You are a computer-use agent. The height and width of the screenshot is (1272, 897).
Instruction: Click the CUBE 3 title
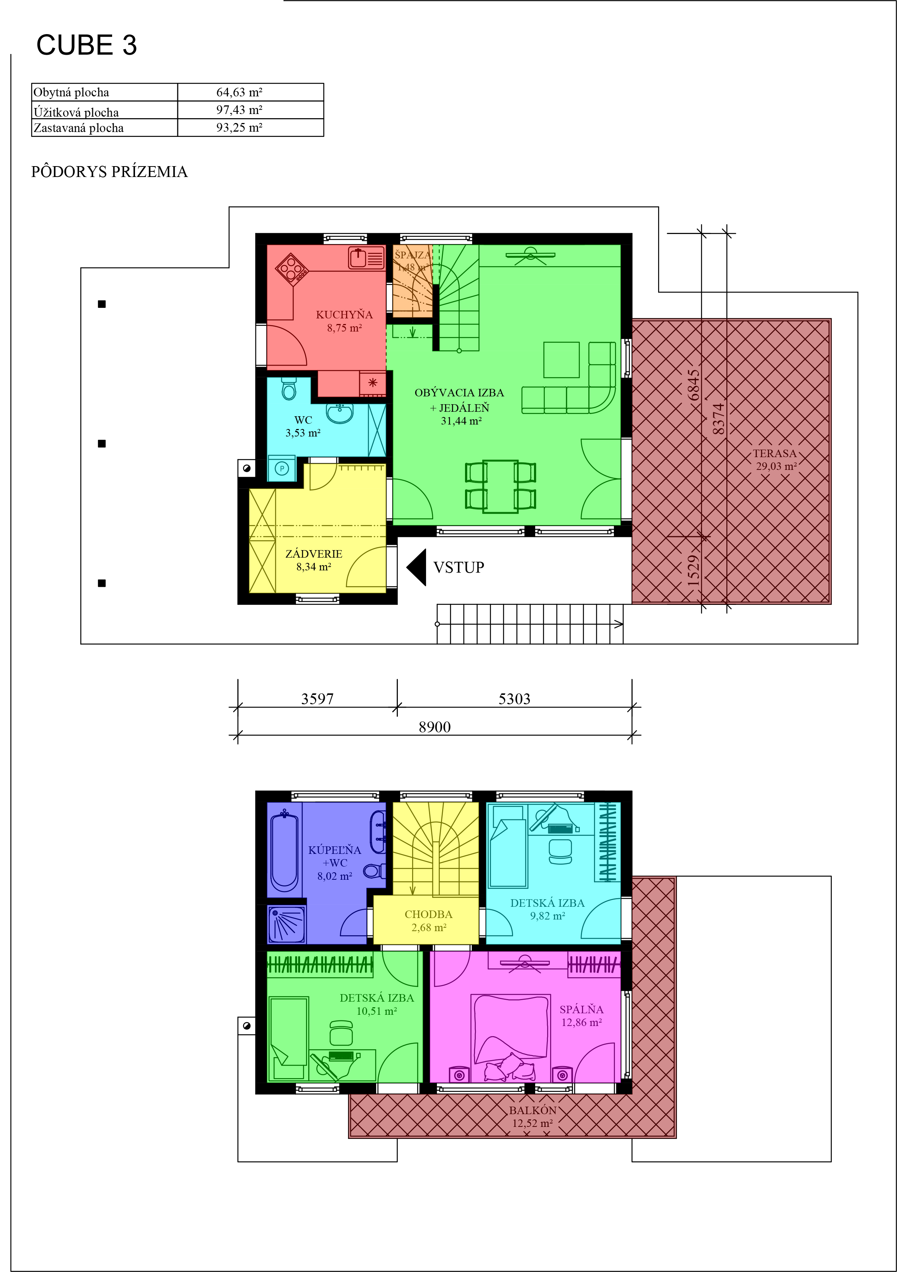click(86, 45)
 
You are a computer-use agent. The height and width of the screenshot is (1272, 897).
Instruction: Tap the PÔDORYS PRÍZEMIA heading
click(109, 172)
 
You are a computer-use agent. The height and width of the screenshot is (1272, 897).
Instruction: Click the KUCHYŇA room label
click(344, 315)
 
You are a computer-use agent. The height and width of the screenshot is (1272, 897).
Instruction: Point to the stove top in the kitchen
click(292, 269)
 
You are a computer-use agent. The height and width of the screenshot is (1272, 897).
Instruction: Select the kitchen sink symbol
click(366, 258)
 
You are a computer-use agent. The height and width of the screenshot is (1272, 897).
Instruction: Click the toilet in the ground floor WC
click(289, 389)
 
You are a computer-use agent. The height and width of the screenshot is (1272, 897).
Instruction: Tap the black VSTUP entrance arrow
click(416, 567)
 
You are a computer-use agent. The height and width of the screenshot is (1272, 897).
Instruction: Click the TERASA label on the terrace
click(774, 453)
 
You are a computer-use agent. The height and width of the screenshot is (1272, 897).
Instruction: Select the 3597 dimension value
click(318, 699)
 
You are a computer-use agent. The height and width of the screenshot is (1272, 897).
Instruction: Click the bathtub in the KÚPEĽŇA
click(285, 853)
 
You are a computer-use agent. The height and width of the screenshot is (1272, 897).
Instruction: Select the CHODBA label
click(428, 915)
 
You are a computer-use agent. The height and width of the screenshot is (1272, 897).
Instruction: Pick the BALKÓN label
click(532, 1110)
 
